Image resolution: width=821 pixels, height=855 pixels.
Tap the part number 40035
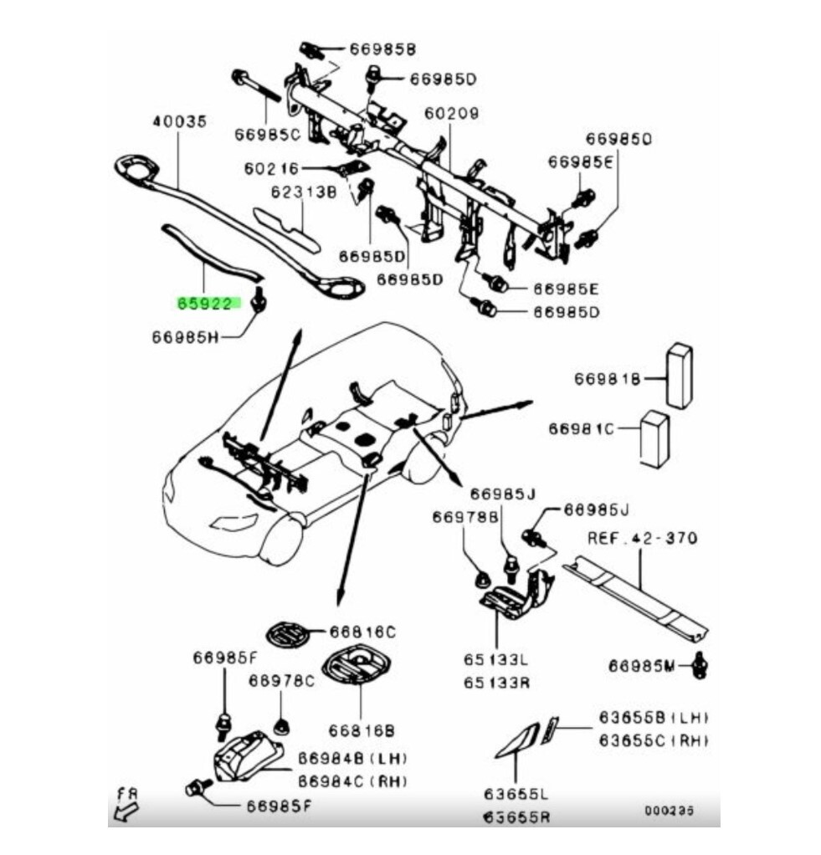[179, 122]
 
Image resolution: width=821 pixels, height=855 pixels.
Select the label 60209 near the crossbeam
[453, 112]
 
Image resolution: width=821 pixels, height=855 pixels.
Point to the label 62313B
[302, 192]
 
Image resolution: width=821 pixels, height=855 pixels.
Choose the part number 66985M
[642, 666]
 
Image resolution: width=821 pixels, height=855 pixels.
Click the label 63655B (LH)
[653, 718]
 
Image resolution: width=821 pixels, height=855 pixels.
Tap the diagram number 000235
[669, 810]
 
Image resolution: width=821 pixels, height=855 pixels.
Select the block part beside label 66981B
[679, 375]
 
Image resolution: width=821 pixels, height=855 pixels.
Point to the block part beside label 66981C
[654, 438]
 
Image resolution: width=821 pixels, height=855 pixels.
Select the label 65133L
[497, 659]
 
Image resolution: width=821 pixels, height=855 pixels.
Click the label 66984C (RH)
[352, 781]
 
